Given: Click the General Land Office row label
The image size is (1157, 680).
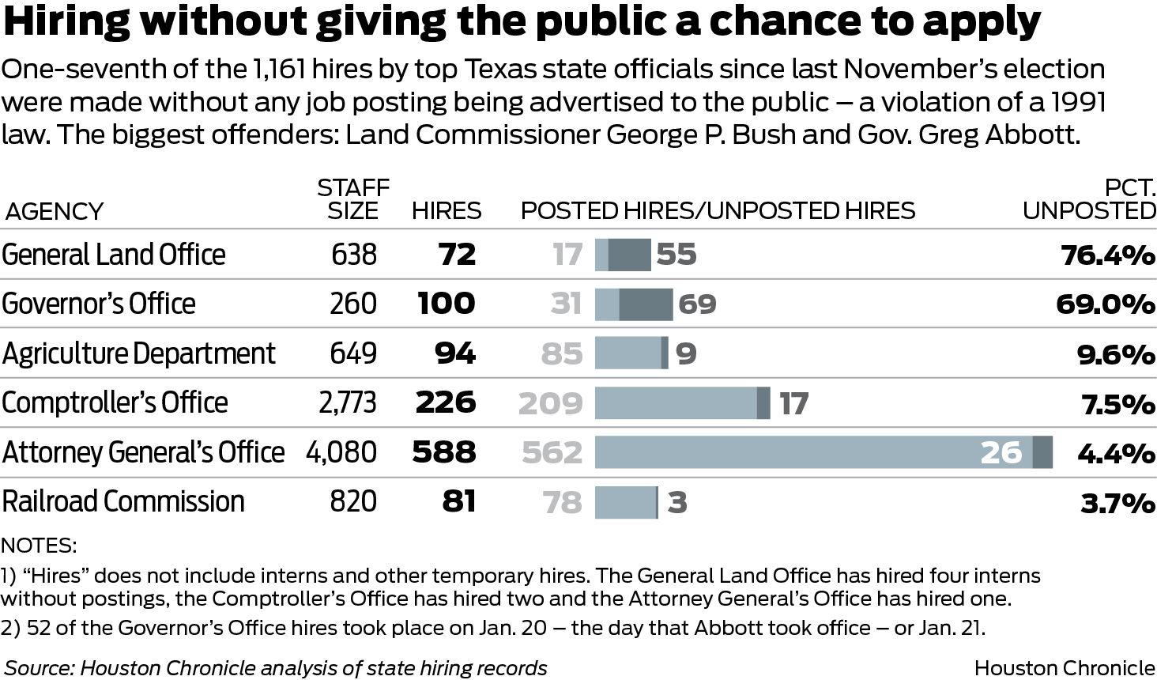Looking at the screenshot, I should click(114, 255).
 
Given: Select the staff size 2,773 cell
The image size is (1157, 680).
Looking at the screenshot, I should click(348, 403).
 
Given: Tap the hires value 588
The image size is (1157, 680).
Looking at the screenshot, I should click(444, 452).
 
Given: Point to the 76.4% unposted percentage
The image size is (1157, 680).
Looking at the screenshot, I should click(1108, 255).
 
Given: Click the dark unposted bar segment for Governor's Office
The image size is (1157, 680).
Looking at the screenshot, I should click(646, 304).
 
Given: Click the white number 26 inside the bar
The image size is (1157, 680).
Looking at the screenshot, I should click(1001, 452).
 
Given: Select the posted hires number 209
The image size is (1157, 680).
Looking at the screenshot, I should click(551, 404).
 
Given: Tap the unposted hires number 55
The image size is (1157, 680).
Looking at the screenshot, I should click(676, 255).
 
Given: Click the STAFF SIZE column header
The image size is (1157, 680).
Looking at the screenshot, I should click(353, 198).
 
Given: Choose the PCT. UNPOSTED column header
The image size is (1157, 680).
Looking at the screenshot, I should click(1090, 198).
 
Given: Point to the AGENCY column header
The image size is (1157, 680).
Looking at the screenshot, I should click(54, 211).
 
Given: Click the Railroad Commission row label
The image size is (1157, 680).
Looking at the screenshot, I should click(123, 501).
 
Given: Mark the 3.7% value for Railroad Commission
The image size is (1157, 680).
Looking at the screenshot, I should click(1117, 503).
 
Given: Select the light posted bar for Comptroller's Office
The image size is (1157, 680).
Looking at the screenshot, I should click(676, 403).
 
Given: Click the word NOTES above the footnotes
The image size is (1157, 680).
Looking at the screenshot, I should click(39, 546).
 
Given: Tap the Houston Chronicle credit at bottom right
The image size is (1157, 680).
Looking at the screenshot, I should click(1065, 668).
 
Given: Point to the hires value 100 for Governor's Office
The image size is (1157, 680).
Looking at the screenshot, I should click(447, 304).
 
